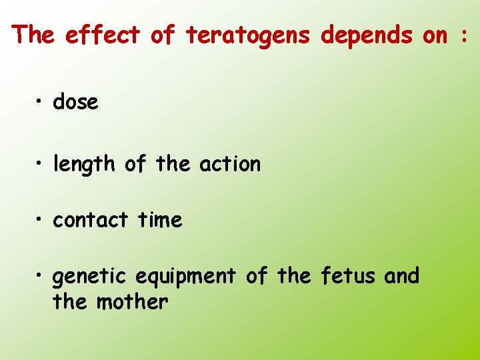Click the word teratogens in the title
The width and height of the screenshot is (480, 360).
pyautogui.click(x=248, y=35)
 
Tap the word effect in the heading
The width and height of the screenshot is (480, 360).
pyautogui.click(x=103, y=35)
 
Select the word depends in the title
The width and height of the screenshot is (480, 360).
pyautogui.click(x=367, y=35)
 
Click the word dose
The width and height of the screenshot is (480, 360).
pyautogui.click(x=75, y=102)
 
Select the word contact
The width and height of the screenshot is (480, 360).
pyautogui.click(x=91, y=220)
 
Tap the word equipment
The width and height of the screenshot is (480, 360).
pyautogui.click(x=185, y=276)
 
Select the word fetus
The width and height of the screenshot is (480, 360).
pyautogui.click(x=348, y=275)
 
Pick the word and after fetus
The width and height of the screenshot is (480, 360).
pyautogui.click(x=401, y=275)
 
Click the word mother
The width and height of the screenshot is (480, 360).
pyautogui.click(x=132, y=302)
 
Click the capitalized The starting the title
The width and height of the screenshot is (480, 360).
pyautogui.click(x=34, y=35)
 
